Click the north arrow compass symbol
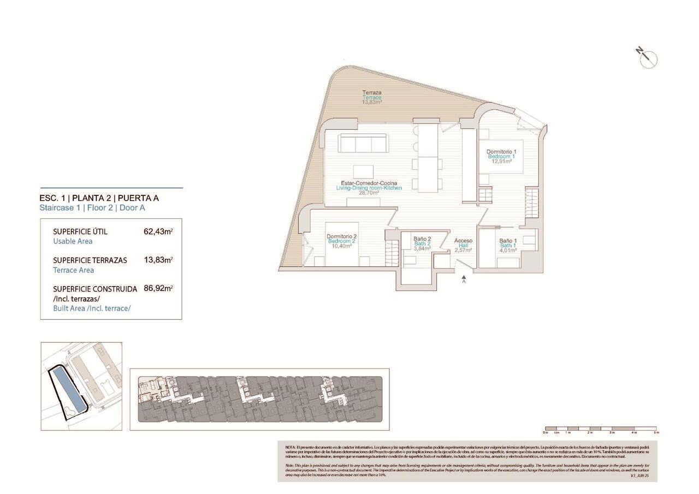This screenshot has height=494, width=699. click(x=648, y=58)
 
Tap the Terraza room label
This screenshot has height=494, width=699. click(x=372, y=93)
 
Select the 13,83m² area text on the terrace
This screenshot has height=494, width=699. click(x=372, y=102)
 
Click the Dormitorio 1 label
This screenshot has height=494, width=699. click(x=501, y=151)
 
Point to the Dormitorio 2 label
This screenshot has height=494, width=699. click(x=342, y=236)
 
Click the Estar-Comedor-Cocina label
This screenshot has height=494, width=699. click(x=369, y=183)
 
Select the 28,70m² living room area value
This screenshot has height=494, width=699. click(x=369, y=193)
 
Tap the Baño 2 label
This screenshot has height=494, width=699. click(x=422, y=239)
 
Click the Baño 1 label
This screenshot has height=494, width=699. click(x=508, y=241)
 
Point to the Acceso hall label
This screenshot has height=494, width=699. click(x=463, y=241)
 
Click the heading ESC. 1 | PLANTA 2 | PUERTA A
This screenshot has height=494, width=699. click(x=99, y=198)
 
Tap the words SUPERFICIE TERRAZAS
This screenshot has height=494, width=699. click(x=90, y=260)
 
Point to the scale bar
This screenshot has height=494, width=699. click(x=600, y=428)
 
